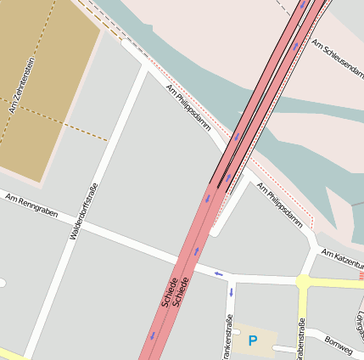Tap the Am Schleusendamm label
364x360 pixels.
tap(338, 59)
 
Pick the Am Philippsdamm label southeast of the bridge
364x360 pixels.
tap(280, 206)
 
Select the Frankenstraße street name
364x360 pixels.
tap(227, 336)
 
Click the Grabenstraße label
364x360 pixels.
tap(301, 338)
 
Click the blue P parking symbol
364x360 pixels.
tap(252, 341)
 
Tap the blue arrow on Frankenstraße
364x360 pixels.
tap(231, 292)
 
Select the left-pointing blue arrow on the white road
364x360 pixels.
tap(218, 273)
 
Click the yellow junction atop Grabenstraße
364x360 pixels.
tap(302, 280)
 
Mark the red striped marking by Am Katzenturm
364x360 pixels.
tap(361, 275)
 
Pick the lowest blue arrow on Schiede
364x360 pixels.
tap(154, 335)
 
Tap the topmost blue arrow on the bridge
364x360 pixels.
tap(302, 5)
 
